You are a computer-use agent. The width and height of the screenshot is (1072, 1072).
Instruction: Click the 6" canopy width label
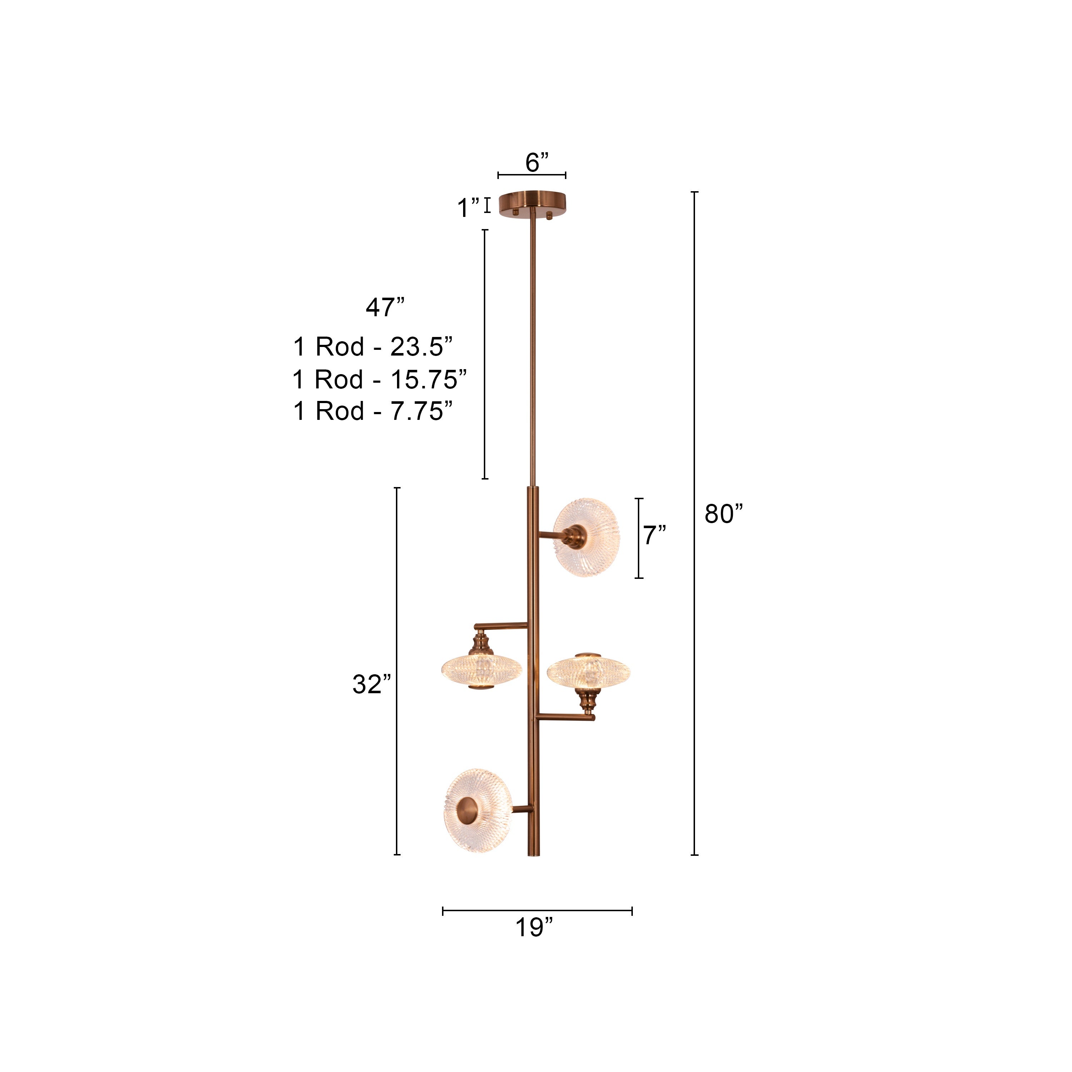(537, 163)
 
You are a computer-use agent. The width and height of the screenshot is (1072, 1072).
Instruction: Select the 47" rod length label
(384, 307)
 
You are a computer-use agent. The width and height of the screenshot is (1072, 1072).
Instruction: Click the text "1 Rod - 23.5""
(373, 347)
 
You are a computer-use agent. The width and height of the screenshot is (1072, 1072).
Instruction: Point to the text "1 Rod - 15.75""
(379, 379)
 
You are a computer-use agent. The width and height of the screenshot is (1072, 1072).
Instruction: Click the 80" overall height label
(723, 514)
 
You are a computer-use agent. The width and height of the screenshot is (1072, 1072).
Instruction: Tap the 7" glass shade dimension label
(655, 535)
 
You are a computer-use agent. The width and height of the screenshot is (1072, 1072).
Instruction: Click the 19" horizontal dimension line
(537, 910)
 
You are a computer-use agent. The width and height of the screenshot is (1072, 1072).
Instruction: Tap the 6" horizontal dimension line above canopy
(532, 175)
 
